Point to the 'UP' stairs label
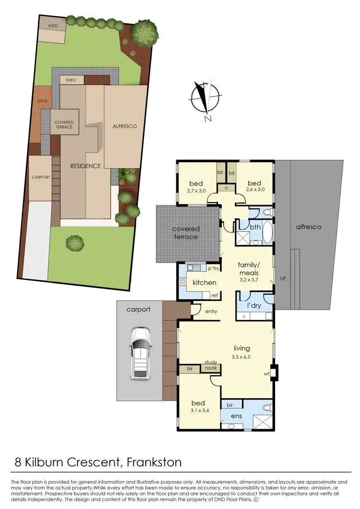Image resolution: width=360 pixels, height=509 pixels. point(283,279)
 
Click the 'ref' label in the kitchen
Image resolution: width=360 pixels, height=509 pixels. point(214,295)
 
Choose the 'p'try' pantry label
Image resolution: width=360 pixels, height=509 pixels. point(214,268)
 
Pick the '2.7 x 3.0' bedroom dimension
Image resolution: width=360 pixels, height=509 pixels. point(196,191)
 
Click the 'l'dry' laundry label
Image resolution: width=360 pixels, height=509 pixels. point(253,306)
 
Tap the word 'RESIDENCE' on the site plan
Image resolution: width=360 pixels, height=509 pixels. point(85,166)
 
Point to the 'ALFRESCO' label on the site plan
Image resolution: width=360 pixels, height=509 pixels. point(125,127)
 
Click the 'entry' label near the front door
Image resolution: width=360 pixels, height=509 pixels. point(211,311)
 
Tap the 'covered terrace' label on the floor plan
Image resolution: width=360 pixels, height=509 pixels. point(186,233)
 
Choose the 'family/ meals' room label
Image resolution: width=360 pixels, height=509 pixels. point(249,268)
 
